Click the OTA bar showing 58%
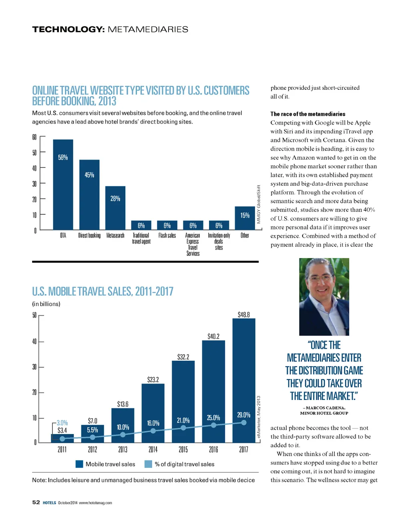tap(63, 184)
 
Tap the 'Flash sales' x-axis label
tap(167, 236)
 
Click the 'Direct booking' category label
tap(89, 236)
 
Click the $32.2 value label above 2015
tap(183, 357)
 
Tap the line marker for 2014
tap(153, 431)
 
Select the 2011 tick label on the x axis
tap(62, 450)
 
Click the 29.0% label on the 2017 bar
tap(243, 415)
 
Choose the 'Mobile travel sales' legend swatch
tap(79, 464)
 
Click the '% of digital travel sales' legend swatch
tap(148, 464)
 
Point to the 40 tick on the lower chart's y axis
tap(34, 341)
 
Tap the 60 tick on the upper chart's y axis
tap(34, 137)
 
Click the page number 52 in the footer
tap(36, 502)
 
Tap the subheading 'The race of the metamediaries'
tap(307, 114)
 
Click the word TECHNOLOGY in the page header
tap(68, 29)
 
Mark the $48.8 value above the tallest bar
tap(243, 315)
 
